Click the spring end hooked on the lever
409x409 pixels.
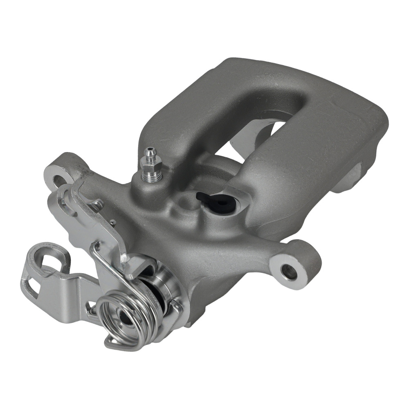click(95, 245)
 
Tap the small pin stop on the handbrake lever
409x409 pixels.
click(113, 223)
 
